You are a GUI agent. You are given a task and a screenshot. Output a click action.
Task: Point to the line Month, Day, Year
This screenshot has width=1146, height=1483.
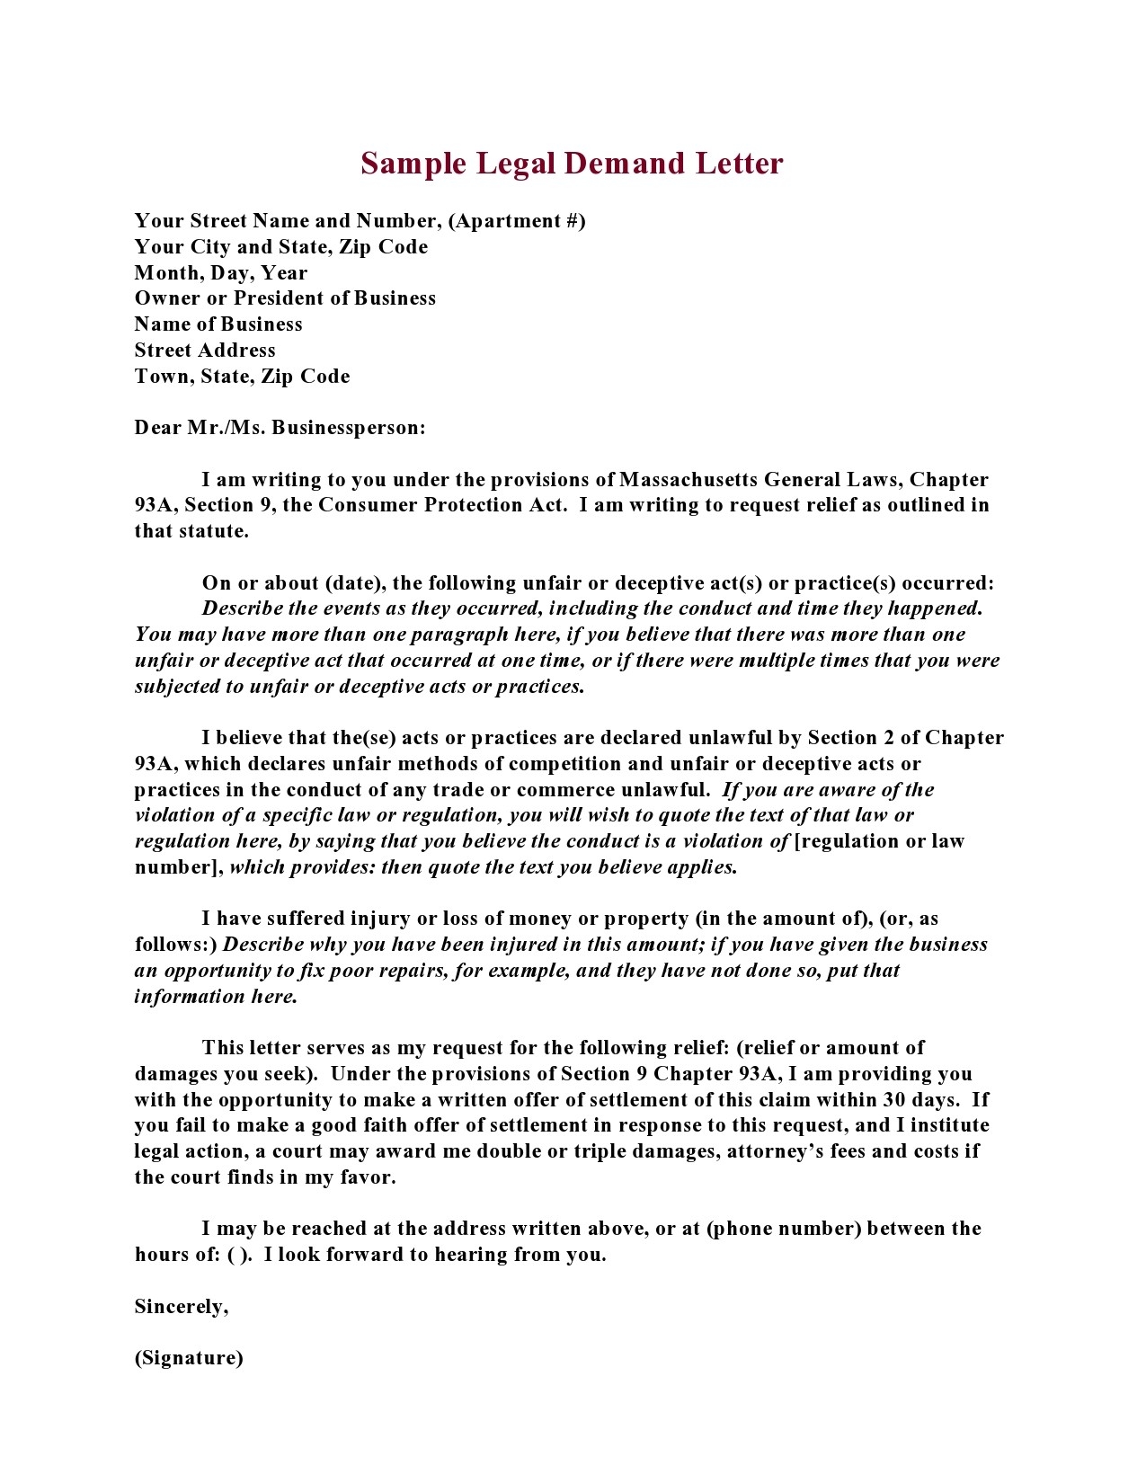[221, 273]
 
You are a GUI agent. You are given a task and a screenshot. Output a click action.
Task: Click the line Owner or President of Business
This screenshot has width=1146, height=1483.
[285, 298]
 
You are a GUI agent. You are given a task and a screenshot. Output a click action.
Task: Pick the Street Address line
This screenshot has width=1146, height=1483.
[205, 351]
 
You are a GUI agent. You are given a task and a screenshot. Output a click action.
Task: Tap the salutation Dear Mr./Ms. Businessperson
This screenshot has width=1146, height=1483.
[280, 428]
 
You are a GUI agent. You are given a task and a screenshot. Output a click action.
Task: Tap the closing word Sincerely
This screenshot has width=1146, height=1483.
[181, 1307]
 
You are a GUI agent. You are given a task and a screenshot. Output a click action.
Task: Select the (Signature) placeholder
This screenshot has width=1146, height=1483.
[189, 1358]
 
